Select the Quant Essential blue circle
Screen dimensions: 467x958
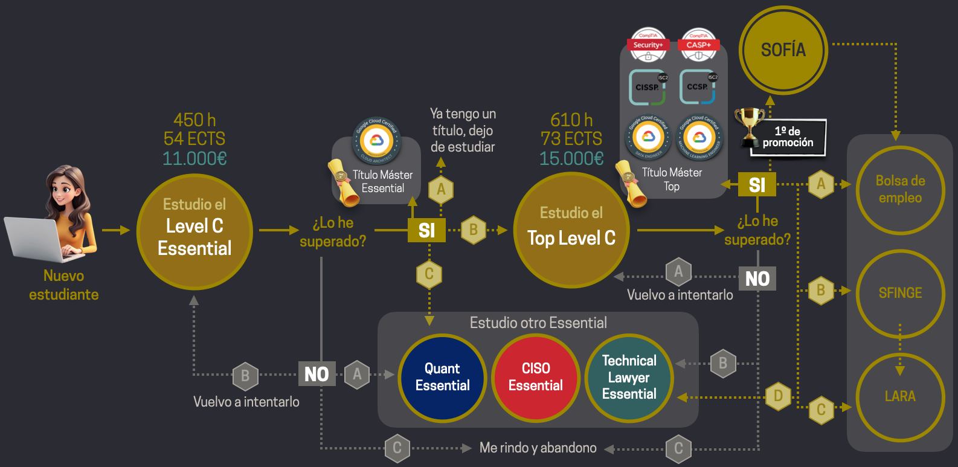click(x=442, y=378)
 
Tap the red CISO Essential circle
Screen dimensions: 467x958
click(x=535, y=378)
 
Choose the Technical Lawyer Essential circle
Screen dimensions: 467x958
click(x=629, y=378)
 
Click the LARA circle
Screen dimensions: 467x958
click(x=900, y=396)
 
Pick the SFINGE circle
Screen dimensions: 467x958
click(x=900, y=293)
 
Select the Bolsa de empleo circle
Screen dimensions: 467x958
click(x=900, y=189)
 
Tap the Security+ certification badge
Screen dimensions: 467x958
click(x=648, y=45)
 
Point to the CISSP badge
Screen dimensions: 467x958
click(x=648, y=87)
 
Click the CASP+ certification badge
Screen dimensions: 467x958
click(x=698, y=45)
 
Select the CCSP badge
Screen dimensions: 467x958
click(x=698, y=87)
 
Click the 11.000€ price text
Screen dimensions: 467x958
click(x=194, y=159)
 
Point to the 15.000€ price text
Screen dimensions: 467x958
click(x=571, y=159)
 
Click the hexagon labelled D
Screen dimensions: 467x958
click(x=778, y=396)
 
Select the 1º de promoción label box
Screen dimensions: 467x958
click(x=788, y=138)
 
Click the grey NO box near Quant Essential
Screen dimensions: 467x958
click(x=317, y=375)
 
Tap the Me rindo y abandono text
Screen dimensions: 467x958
click(x=538, y=448)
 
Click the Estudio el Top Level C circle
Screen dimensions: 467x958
click(x=571, y=230)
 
